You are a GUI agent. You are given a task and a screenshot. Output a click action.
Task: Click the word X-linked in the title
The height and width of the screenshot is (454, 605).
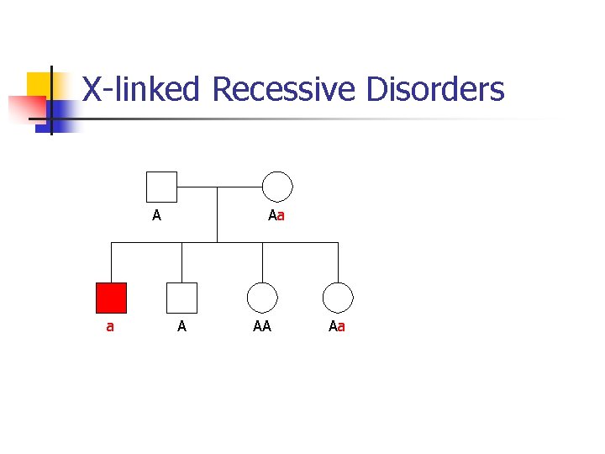click(x=140, y=89)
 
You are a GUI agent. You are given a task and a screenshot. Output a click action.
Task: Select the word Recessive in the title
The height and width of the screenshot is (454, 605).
click(x=284, y=89)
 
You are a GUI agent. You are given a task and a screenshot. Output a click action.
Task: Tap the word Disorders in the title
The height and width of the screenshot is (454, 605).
click(x=434, y=89)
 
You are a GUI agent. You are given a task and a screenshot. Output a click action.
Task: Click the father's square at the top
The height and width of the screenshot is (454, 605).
click(x=161, y=187)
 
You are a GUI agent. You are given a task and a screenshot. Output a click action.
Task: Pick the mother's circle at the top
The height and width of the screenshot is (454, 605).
click(x=277, y=187)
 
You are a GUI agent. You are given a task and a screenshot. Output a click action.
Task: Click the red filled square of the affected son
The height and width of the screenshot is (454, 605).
click(x=111, y=298)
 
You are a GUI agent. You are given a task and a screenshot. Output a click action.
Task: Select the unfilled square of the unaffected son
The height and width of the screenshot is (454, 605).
click(x=181, y=298)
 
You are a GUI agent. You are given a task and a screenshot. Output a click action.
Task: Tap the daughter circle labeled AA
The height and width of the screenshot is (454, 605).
click(x=262, y=298)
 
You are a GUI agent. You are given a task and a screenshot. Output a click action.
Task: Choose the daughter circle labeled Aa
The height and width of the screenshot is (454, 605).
click(x=338, y=298)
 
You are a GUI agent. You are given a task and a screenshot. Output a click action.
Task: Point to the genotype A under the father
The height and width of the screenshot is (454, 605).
click(x=156, y=215)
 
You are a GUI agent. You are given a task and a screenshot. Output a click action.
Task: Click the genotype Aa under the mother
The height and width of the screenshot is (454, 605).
click(x=276, y=215)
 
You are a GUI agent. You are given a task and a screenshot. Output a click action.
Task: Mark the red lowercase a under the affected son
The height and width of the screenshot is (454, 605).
click(x=110, y=326)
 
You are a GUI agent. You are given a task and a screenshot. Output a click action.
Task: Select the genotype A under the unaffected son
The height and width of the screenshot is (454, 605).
click(x=181, y=326)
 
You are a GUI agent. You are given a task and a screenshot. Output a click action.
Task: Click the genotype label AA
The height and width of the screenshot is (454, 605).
click(x=262, y=326)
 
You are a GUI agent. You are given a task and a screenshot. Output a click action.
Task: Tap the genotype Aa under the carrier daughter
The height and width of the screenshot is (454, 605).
click(x=337, y=326)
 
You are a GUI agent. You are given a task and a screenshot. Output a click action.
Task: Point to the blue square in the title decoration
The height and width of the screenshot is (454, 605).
click(x=62, y=111)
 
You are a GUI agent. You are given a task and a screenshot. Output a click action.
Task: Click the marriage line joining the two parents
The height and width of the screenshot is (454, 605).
click(x=219, y=187)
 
